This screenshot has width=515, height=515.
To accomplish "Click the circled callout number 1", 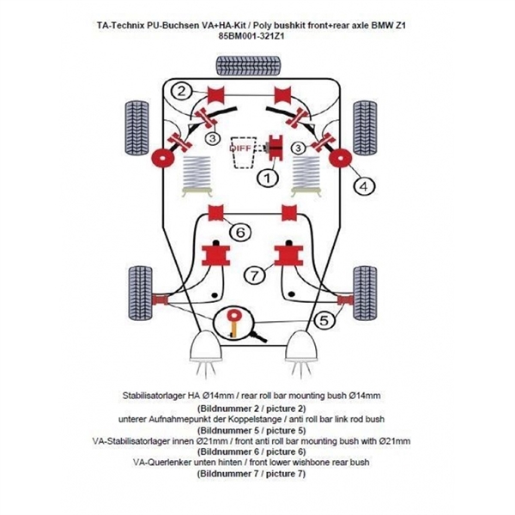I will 269,179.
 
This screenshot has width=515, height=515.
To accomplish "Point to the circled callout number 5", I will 323,320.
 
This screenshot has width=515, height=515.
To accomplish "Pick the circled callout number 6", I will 240,232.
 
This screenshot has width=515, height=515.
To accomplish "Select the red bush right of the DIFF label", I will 276,148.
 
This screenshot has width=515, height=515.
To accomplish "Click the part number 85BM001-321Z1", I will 257,39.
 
